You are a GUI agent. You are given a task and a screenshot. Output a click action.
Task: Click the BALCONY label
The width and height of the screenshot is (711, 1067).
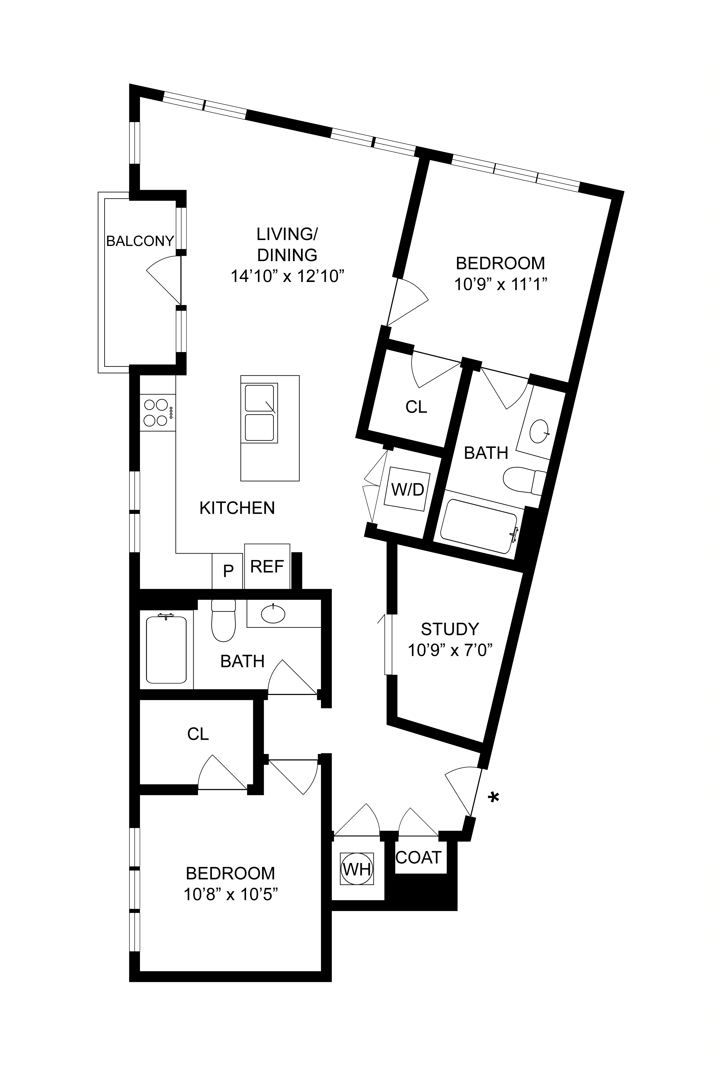point(140,241)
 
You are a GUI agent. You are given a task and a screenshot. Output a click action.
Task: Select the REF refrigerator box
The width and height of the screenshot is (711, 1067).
point(267,566)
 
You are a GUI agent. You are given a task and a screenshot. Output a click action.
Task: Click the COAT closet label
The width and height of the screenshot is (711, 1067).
point(418,857)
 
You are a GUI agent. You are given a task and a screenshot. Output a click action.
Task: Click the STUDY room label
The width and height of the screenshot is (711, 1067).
point(450,629)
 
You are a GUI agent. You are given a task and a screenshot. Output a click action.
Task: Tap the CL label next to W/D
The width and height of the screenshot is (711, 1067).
point(416,407)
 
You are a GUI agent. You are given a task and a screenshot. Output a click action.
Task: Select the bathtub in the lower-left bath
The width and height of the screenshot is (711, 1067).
point(166,649)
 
